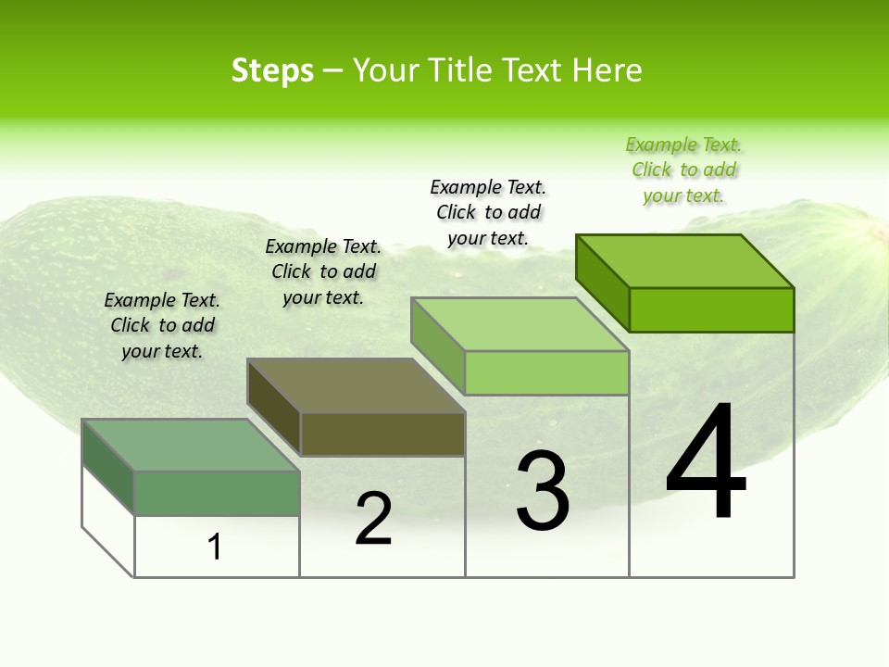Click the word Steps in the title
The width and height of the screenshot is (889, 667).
point(272,70)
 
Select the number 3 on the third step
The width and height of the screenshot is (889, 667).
point(542,492)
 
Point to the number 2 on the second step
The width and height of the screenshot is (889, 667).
point(373,519)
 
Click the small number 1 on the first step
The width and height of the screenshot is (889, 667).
point(215,547)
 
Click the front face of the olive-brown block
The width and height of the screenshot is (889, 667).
point(382,434)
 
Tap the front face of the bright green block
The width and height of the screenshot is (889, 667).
point(711,309)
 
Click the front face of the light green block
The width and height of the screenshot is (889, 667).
point(546,372)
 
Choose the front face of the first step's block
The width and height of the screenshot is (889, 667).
point(217,493)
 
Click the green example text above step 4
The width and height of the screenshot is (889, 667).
point(683,170)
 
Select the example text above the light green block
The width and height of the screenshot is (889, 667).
point(488,212)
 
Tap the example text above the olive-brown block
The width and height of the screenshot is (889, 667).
point(323,271)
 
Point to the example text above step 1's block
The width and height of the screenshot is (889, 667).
point(162,325)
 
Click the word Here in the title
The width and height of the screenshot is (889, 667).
point(607,70)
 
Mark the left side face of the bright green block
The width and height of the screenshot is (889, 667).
point(603,282)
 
